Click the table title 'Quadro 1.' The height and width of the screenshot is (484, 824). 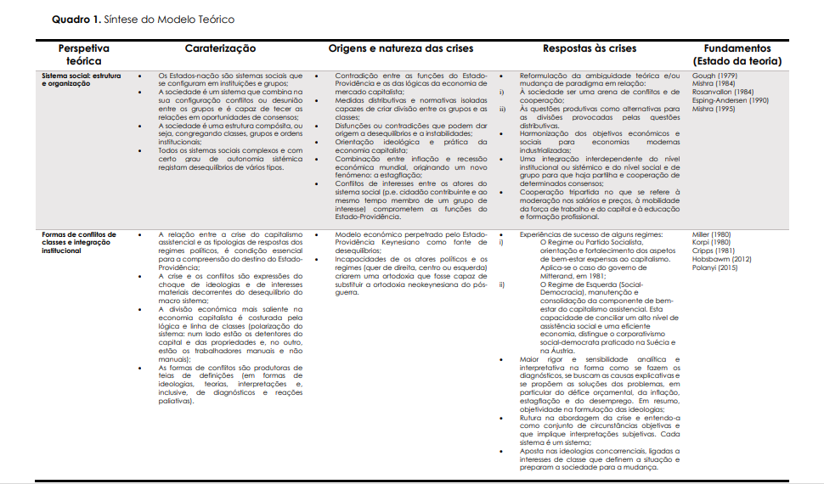[76, 19]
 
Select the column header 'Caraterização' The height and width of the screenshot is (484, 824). [220, 49]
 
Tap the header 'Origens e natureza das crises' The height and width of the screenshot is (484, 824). [401, 49]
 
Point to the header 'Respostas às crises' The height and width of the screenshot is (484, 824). [589, 49]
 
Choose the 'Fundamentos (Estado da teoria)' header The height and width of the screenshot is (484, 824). [737, 55]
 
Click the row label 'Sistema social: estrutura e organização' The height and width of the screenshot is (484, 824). [80, 79]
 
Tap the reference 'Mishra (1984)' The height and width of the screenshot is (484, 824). [713, 84]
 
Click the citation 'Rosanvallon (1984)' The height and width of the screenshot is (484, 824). [723, 93]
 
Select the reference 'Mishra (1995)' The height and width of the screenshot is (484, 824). [713, 109]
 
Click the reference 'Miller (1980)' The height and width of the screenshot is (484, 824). [712, 234]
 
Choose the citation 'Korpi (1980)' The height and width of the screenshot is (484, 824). [711, 242]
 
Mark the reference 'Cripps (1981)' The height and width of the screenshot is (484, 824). [712, 250]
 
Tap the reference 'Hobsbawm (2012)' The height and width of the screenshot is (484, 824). [720, 258]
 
